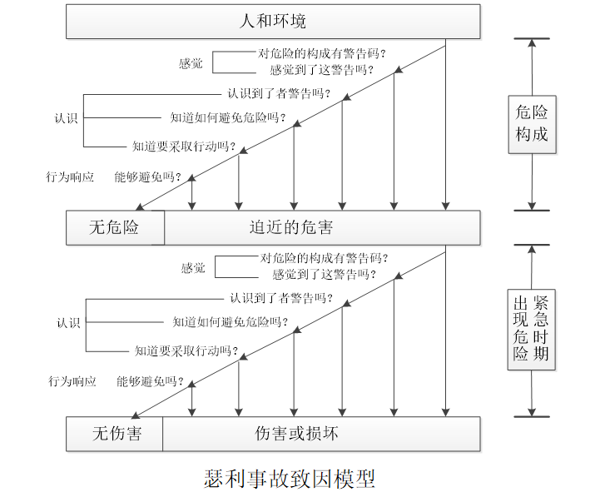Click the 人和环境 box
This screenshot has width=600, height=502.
tap(273, 21)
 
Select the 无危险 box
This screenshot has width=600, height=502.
tap(115, 227)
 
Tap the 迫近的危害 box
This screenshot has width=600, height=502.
tap(322, 227)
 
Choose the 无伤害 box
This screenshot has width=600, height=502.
tap(115, 433)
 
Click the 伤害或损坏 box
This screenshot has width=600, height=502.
tap(321, 433)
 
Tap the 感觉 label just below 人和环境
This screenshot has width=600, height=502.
tap(191, 63)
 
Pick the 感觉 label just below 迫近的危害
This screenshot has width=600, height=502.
tap(193, 268)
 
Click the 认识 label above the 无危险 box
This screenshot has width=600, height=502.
tap(66, 118)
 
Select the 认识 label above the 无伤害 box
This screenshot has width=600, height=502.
tap(68, 323)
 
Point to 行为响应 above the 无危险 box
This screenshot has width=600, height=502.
tap(70, 177)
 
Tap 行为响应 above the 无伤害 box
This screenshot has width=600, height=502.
tap(72, 381)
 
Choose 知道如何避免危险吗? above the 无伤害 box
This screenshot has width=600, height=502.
tap(230, 322)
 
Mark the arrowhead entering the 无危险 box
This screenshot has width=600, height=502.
tap(141, 207)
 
